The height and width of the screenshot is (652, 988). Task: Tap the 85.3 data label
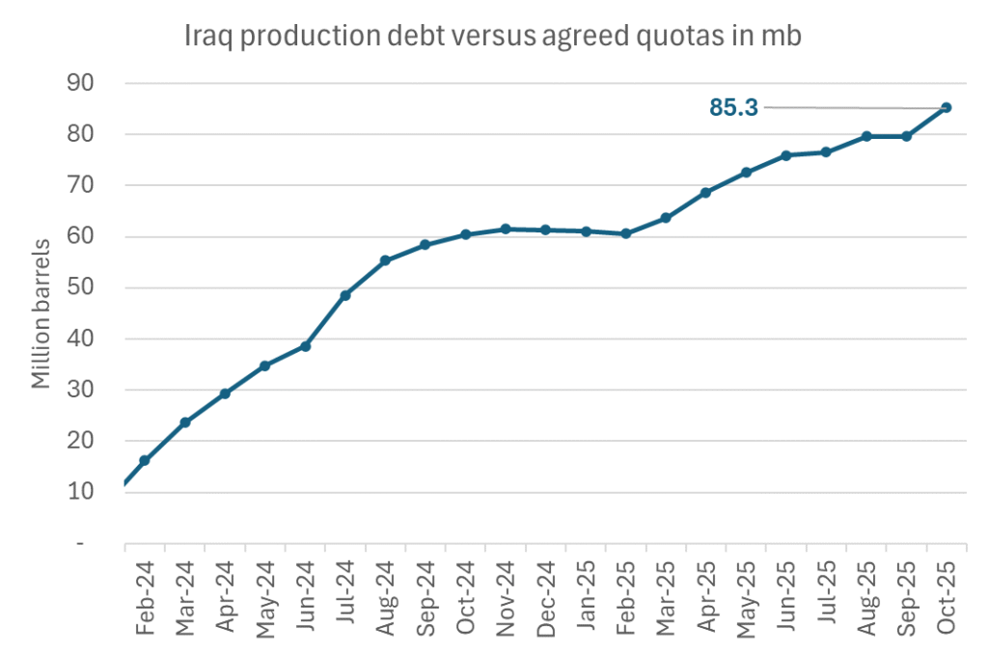pos(733,108)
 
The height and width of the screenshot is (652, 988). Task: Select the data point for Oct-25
pos(947,107)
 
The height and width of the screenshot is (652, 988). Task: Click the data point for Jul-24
pos(345,295)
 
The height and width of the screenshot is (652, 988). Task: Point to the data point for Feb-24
pos(145,460)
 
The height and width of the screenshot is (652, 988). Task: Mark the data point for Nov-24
pos(506,229)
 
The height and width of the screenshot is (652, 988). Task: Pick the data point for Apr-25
pos(706,192)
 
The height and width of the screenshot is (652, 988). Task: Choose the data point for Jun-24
pos(305,345)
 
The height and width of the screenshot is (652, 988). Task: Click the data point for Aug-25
pos(866,136)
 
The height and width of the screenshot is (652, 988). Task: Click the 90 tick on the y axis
pos(80,83)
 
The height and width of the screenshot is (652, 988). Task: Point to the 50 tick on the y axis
pos(80,287)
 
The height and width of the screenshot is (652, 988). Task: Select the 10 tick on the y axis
pos(80,492)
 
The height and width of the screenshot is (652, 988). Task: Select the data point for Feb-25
pos(626,233)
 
